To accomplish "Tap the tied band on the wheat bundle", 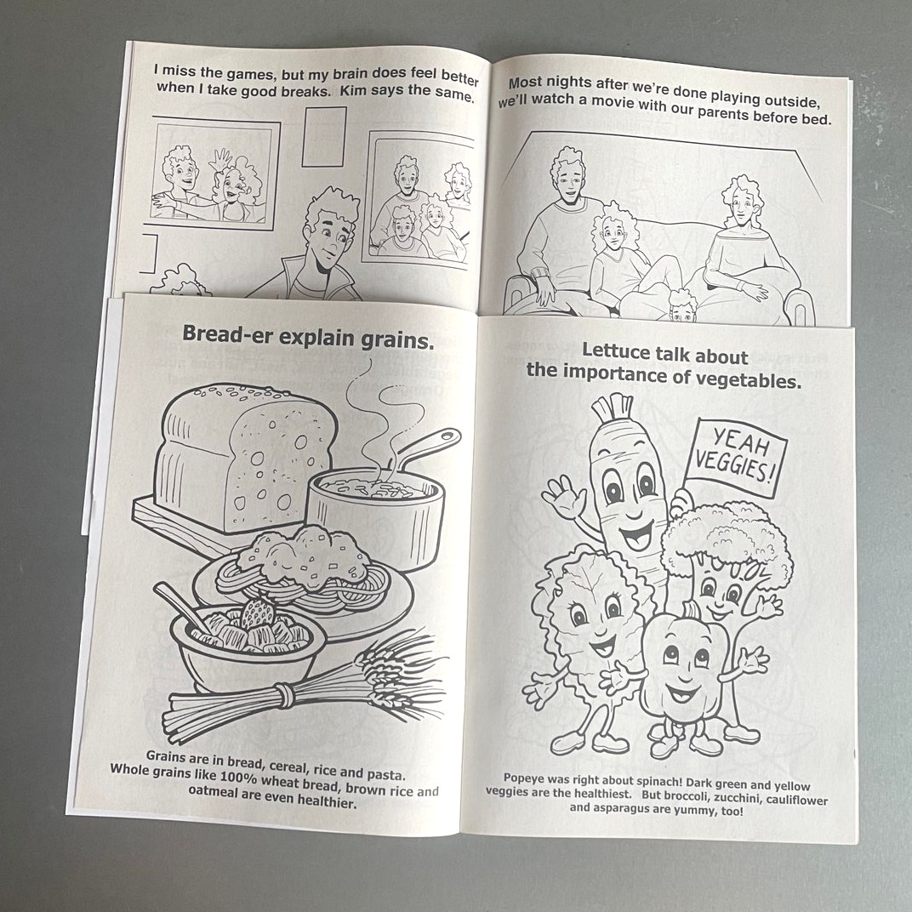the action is point(284,695).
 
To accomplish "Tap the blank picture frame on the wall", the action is point(324,136).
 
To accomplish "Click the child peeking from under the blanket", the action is point(682,306).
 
